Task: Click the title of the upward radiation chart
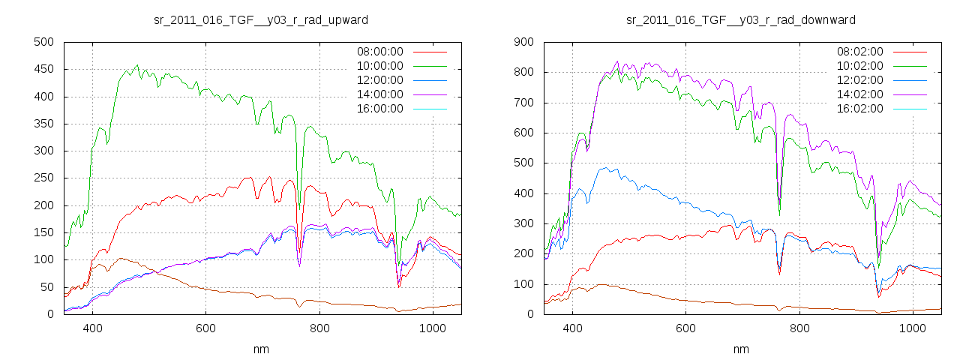pyautogui.click(x=261, y=19)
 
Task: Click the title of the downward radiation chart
pyautogui.click(x=741, y=19)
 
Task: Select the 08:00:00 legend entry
pyautogui.click(x=379, y=52)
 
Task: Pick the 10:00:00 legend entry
pyautogui.click(x=379, y=66)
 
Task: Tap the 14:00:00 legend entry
pyautogui.click(x=379, y=94)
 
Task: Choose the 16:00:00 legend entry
pyautogui.click(x=379, y=109)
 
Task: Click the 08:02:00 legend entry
pyautogui.click(x=859, y=52)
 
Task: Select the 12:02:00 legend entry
pyautogui.click(x=859, y=80)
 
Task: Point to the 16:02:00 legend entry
pyautogui.click(x=859, y=109)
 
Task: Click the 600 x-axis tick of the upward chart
pyautogui.click(x=205, y=328)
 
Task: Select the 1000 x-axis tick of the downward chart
pyautogui.click(x=912, y=328)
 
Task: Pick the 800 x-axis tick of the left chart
pyautogui.click(x=319, y=328)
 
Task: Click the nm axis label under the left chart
pyautogui.click(x=261, y=349)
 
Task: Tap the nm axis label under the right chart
pyautogui.click(x=741, y=349)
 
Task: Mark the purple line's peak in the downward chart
pyautogui.click(x=617, y=61)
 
